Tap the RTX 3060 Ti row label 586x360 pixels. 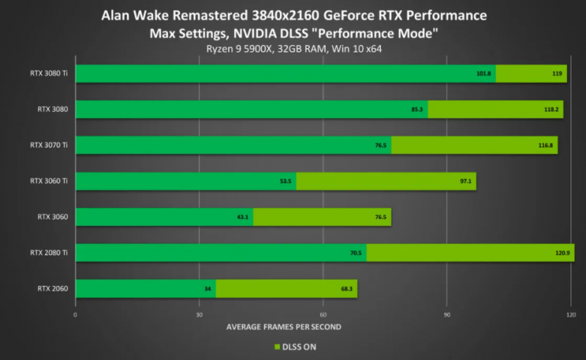49,181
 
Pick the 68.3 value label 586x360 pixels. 347,289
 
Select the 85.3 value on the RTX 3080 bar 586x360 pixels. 417,110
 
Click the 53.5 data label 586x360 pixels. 285,182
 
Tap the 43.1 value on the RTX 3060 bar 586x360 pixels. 243,217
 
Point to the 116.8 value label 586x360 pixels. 546,146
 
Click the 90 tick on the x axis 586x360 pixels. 447,314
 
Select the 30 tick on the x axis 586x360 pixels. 199,314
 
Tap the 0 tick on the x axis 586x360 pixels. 75,314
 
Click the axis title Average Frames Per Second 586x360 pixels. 283,326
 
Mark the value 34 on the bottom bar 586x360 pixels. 208,289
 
